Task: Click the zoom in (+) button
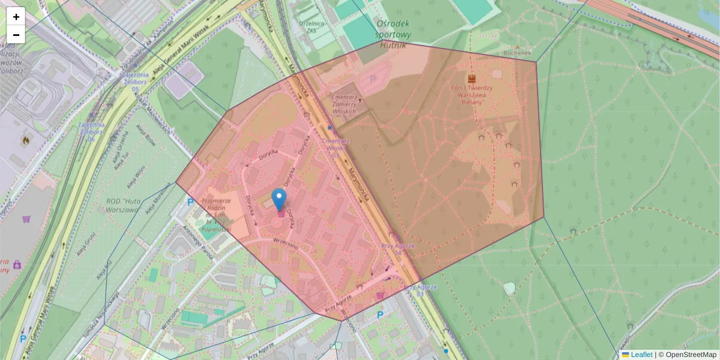tap(16, 17)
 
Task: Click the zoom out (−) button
tap(16, 35)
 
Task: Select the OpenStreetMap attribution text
tap(691, 355)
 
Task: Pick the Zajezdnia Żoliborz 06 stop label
tap(91, 131)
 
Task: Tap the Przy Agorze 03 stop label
tap(421, 290)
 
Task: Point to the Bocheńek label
tap(518, 53)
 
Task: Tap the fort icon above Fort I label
tap(472, 79)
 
